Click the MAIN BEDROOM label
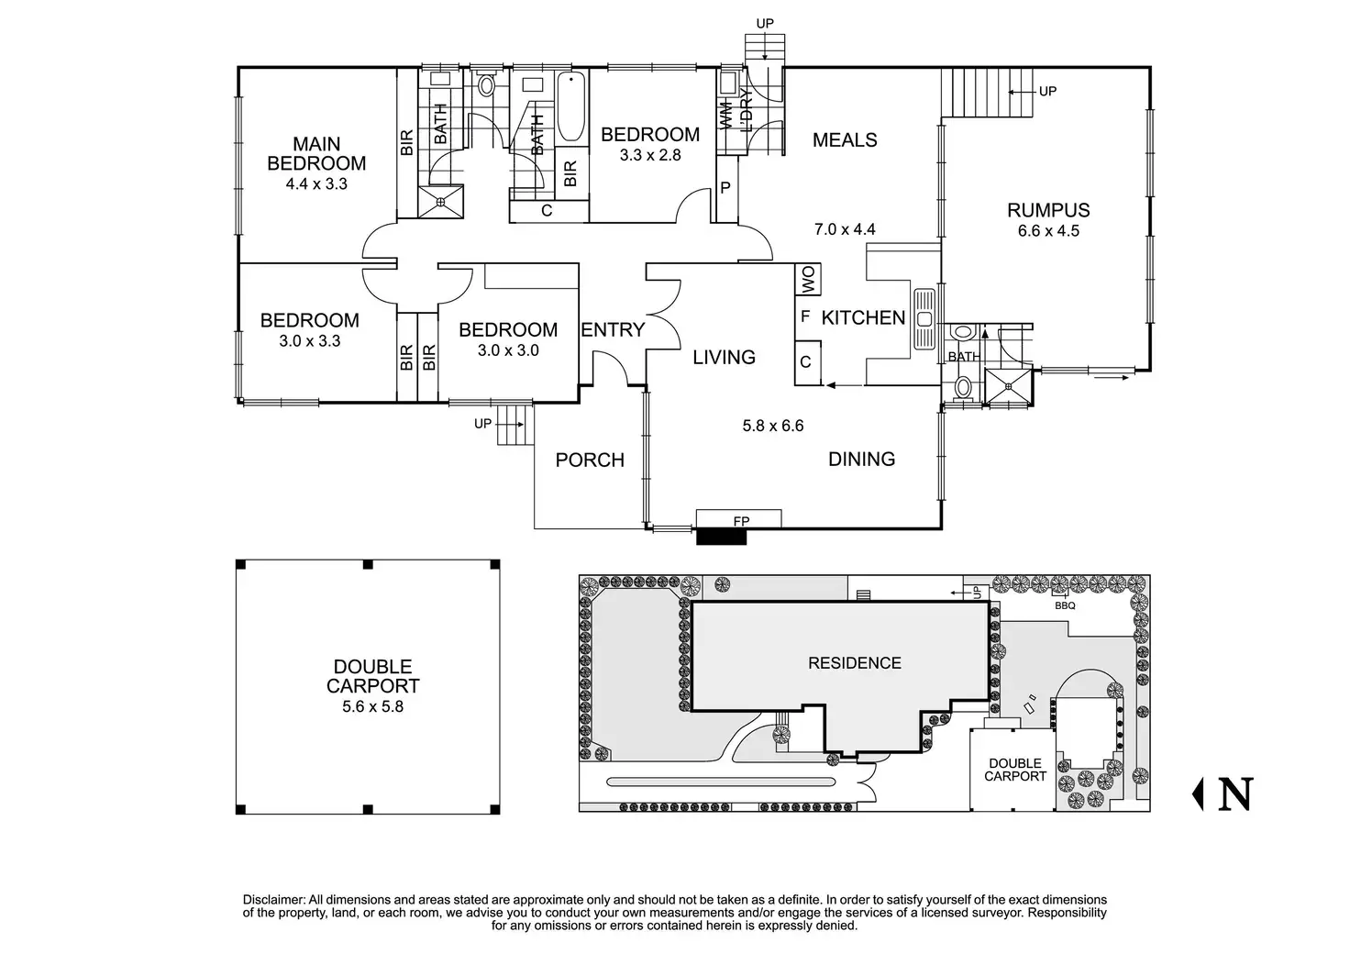[316, 154]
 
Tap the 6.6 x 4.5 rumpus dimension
[1048, 231]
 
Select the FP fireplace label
[741, 521]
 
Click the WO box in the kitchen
[808, 281]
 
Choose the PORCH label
[590, 460]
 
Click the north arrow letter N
[1234, 794]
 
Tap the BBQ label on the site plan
[1065, 605]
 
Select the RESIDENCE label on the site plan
[854, 663]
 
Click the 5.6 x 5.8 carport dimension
[372, 707]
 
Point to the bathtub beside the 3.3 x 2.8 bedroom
[570, 106]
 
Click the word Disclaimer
[273, 900]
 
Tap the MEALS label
[845, 140]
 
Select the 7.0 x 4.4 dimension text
[845, 230]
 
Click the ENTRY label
[613, 330]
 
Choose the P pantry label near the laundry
[725, 189]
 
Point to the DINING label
[861, 460]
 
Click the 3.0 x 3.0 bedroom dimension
[507, 350]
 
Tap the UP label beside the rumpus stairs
[1046, 91]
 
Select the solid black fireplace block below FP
[722, 537]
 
